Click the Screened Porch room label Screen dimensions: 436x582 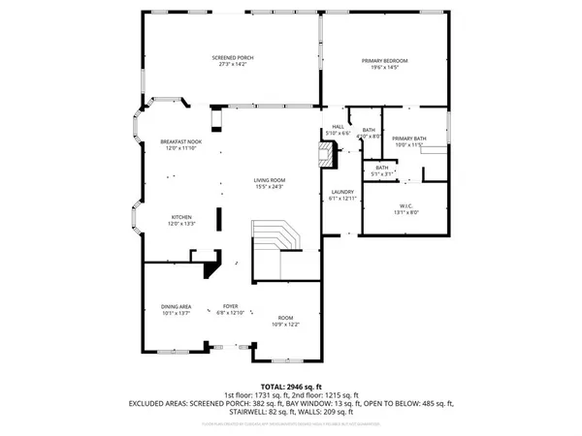(232, 58)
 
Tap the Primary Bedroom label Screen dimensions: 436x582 (385, 61)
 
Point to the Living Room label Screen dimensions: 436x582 (269, 180)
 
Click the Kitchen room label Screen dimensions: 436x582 (182, 216)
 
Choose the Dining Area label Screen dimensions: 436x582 (176, 306)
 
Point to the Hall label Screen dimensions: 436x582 (339, 126)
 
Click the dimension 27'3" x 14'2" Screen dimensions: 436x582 (232, 65)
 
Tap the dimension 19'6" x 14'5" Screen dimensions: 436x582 (385, 68)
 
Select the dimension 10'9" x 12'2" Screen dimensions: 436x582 (285, 325)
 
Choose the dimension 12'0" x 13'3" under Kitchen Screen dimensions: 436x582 (182, 223)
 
